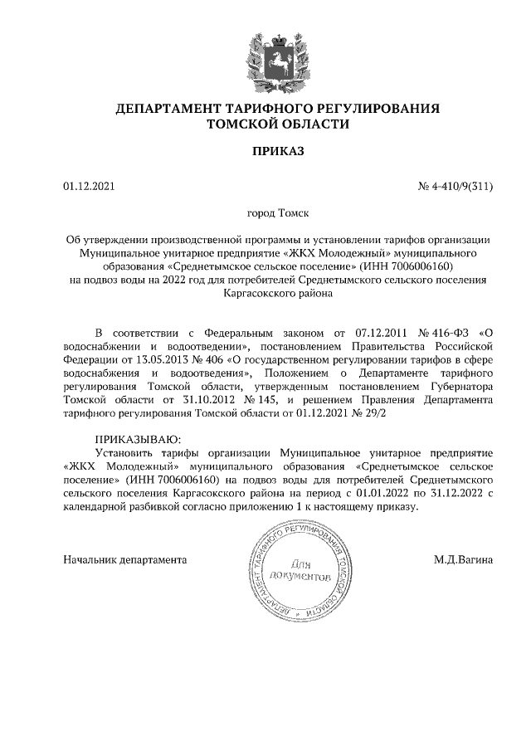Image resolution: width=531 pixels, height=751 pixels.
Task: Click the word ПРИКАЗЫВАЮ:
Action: [137, 439]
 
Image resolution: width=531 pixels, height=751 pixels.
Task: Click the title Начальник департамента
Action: [124, 559]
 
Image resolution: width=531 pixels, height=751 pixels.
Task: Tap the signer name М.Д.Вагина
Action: [463, 559]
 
